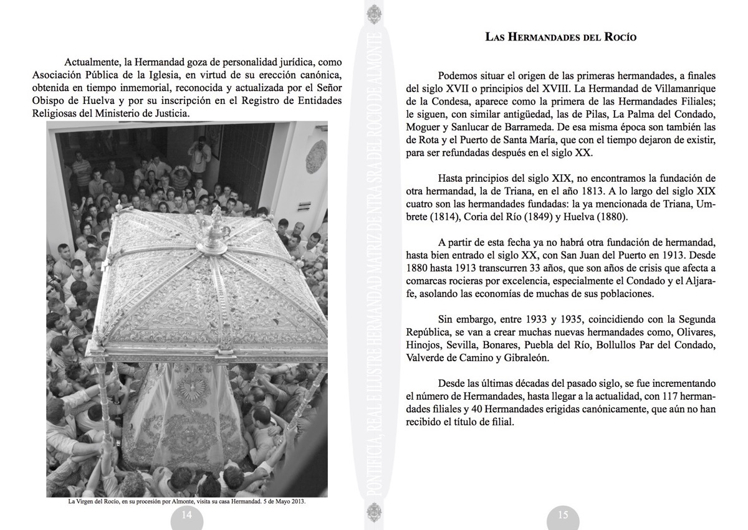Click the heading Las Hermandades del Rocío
coord(561,37)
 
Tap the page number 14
coord(186,515)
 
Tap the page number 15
coord(562,515)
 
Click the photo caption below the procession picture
coord(186,501)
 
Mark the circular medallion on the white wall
coord(316,156)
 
